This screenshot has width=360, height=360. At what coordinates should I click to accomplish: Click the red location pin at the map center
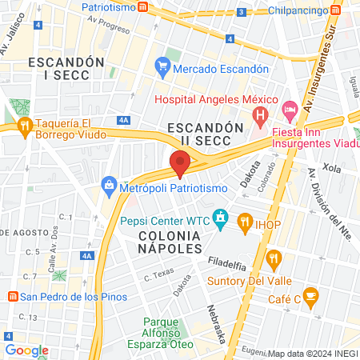pyautogui.click(x=180, y=164)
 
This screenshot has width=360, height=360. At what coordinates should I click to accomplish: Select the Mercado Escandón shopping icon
pyautogui.click(x=163, y=68)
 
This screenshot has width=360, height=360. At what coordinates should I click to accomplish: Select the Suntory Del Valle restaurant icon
pyautogui.click(x=274, y=258)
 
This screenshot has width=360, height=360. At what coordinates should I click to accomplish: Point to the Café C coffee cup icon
pyautogui.click(x=310, y=297)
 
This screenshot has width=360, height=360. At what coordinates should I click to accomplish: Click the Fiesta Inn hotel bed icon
pyautogui.click(x=290, y=107)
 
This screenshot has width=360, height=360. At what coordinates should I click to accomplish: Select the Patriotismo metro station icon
pyautogui.click(x=142, y=6)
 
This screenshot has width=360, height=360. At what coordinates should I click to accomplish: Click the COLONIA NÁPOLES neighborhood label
pyautogui.click(x=169, y=242)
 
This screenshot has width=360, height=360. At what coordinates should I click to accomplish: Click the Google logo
pyautogui.click(x=26, y=350)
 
